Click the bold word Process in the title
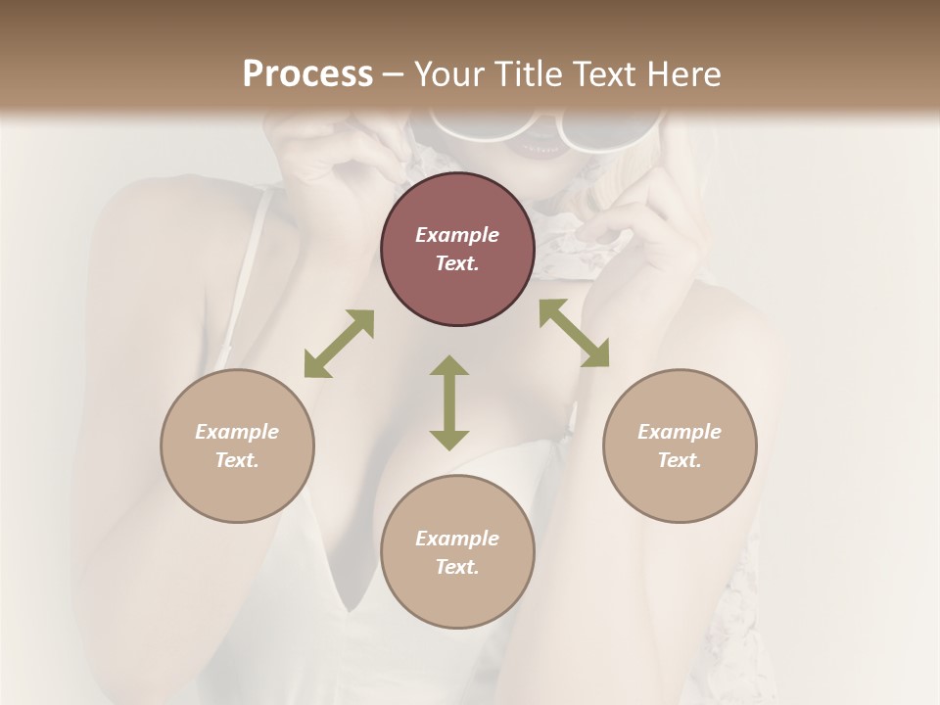click(x=307, y=74)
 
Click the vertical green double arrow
click(x=449, y=402)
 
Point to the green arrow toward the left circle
click(x=339, y=344)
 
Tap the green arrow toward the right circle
click(x=574, y=333)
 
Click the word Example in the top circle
click(x=457, y=235)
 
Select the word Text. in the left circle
click(x=237, y=460)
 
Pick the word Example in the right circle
click(x=680, y=432)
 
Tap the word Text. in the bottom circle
click(x=457, y=567)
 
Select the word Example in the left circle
click(x=237, y=432)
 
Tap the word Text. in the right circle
click(x=680, y=460)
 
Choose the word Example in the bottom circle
click(x=457, y=539)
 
